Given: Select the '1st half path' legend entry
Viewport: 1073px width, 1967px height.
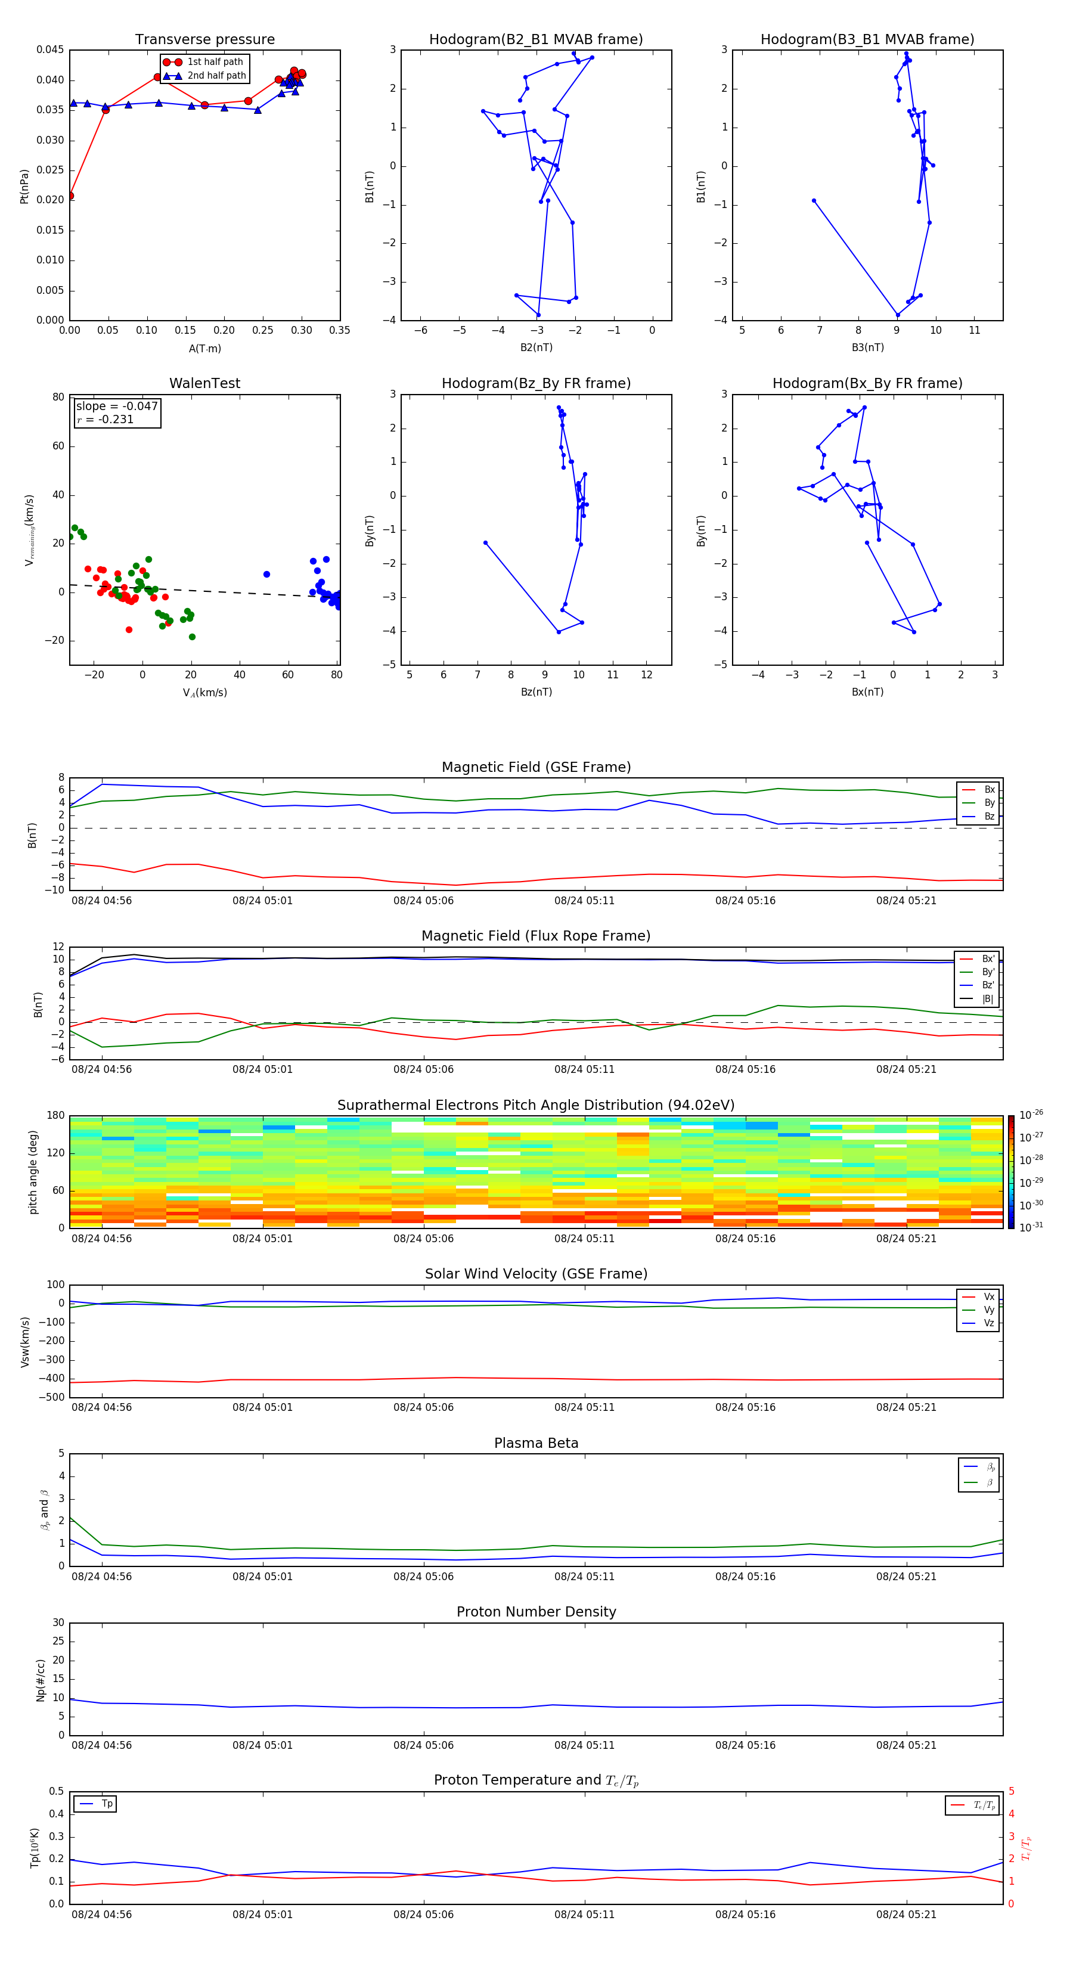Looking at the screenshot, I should coord(215,62).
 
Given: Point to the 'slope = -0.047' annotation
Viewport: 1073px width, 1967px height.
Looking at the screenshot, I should coord(117,407).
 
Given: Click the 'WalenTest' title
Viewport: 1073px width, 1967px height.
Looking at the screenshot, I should coord(204,383).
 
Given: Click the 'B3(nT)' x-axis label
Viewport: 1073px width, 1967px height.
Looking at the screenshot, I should coord(867,348).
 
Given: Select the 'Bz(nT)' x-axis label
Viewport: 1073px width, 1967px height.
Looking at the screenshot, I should coord(536,692).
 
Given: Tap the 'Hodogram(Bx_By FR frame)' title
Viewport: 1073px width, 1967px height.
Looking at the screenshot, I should coord(867,383).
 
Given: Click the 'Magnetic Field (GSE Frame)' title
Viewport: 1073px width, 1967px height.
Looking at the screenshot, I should coord(536,767).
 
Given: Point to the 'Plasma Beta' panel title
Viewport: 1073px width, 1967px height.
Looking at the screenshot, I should coord(536,1443).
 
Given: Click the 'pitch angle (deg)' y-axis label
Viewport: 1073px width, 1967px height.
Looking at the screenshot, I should coord(33,1171).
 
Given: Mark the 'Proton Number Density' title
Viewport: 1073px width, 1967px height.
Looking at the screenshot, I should coord(536,1612).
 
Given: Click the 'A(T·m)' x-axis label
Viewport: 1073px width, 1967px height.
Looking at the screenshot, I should coord(204,348).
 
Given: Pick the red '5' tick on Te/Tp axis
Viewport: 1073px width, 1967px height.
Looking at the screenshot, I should coord(1011,1791).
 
